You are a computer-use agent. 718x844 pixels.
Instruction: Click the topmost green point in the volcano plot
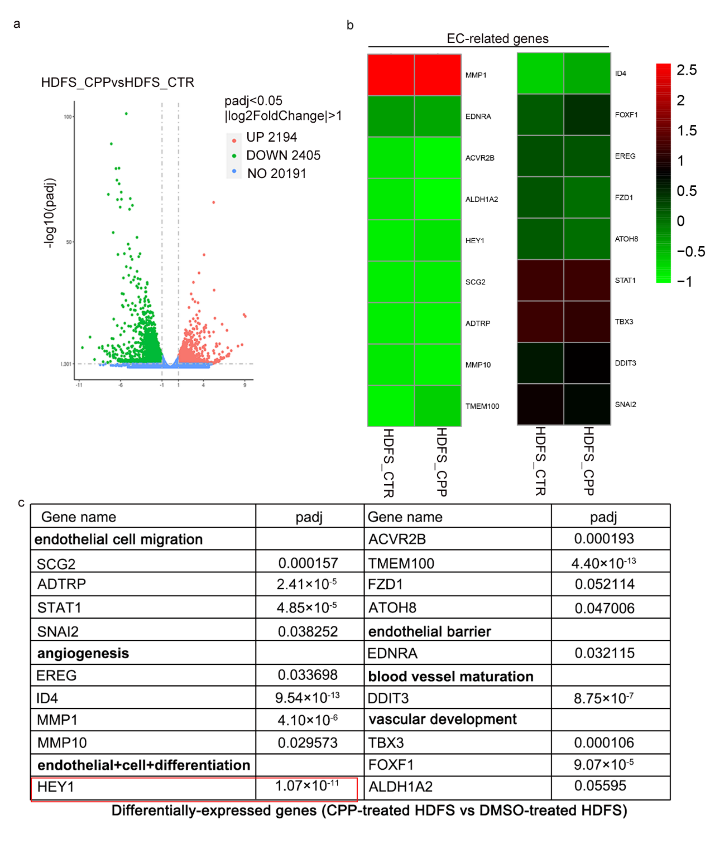pyautogui.click(x=126, y=113)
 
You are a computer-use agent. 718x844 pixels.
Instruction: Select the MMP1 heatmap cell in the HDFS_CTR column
pyautogui.click(x=391, y=75)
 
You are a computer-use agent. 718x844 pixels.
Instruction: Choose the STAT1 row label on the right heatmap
pyautogui.click(x=625, y=280)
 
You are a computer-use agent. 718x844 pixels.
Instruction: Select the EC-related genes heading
pyautogui.click(x=497, y=39)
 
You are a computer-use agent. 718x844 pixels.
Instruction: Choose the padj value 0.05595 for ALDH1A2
pyautogui.click(x=600, y=786)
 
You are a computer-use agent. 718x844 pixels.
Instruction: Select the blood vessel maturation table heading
pyautogui.click(x=451, y=676)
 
